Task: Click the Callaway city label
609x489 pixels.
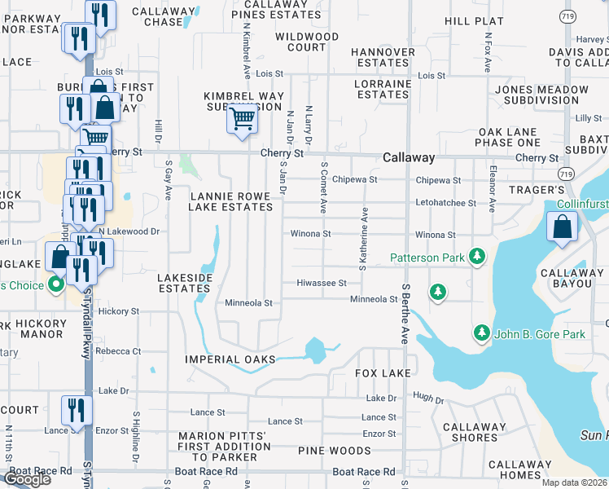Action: pos(409,157)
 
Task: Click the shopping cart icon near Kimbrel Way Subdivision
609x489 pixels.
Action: pos(242,119)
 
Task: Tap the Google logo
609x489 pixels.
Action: pos(27,479)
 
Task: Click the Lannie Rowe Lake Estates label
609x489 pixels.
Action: pos(230,201)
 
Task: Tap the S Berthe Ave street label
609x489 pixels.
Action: pos(405,314)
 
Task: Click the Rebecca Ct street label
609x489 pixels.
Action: pos(118,351)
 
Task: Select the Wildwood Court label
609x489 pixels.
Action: pos(307,42)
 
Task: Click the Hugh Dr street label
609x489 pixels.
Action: pos(428,400)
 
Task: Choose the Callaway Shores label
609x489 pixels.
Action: pos(475,432)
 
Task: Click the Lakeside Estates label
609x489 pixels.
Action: pos(185,283)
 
